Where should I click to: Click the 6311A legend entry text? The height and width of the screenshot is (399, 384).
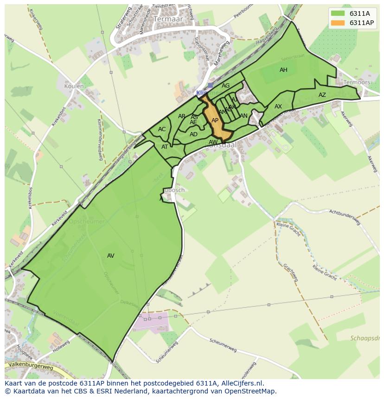click(x=359, y=13)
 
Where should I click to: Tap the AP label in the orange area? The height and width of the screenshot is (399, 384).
click(x=215, y=120)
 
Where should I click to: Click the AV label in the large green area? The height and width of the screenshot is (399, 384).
click(x=110, y=256)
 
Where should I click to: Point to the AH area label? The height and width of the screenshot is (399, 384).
click(x=283, y=70)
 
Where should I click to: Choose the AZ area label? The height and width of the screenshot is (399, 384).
click(x=322, y=95)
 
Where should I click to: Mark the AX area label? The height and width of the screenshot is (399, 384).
click(x=278, y=107)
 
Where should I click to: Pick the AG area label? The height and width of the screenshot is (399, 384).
click(x=225, y=86)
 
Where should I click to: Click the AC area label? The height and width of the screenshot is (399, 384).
click(x=162, y=129)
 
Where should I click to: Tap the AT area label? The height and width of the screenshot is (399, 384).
click(x=165, y=147)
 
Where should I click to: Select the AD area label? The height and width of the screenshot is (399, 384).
click(x=193, y=134)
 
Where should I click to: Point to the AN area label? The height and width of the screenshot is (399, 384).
click(x=243, y=116)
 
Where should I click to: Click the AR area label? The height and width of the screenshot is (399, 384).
click(x=181, y=116)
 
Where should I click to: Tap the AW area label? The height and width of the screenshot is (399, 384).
click(x=213, y=142)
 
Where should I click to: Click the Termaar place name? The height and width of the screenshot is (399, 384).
click(x=168, y=19)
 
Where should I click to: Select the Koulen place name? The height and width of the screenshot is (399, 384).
click(x=74, y=86)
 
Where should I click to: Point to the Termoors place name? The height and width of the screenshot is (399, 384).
click(x=357, y=82)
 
